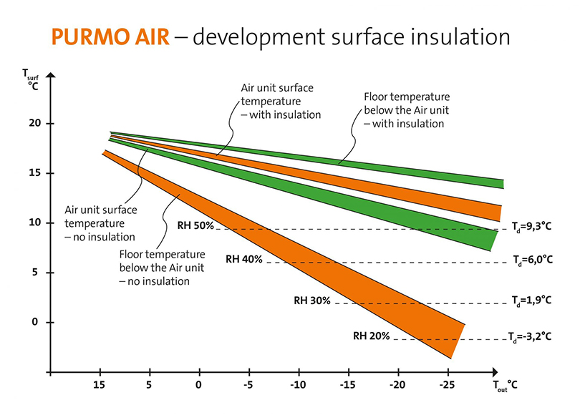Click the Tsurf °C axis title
[x=32, y=77]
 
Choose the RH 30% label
[x=311, y=301]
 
